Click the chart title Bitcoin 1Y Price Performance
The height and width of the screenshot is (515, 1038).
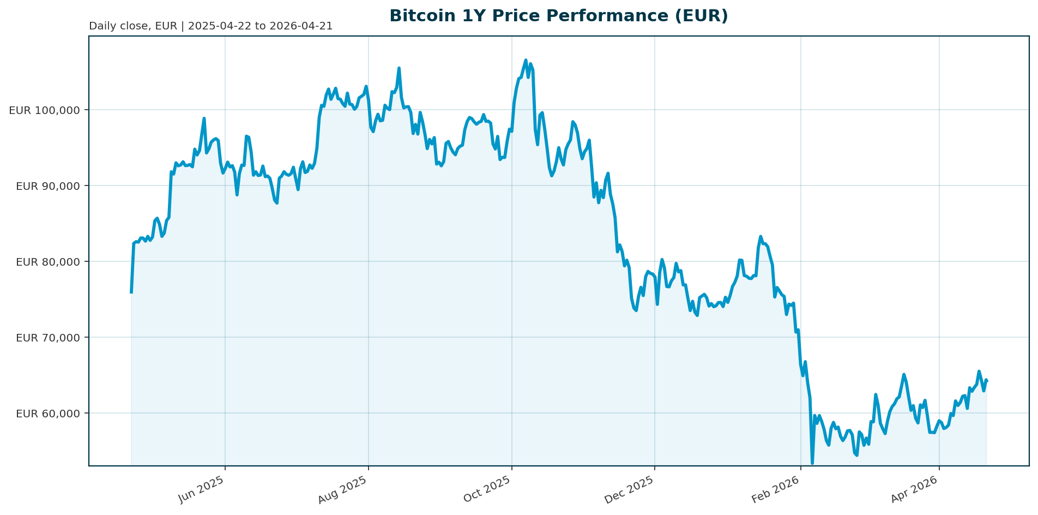[558, 16]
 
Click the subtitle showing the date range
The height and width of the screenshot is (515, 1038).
[210, 26]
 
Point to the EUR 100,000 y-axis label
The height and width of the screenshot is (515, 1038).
[45, 110]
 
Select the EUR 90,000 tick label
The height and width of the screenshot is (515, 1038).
[48, 186]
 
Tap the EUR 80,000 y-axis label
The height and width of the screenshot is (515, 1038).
[48, 262]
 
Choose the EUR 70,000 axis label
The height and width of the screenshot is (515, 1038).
[48, 338]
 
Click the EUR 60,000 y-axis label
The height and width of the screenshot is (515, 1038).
[48, 414]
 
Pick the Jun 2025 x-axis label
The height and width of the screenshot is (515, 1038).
[201, 489]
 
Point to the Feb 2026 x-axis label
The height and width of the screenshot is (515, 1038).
[776, 489]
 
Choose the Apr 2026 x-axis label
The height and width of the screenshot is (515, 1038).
[914, 489]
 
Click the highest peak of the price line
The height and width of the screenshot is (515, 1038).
[526, 60]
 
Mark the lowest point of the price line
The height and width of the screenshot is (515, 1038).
[812, 463]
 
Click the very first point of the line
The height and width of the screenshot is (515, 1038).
[131, 293]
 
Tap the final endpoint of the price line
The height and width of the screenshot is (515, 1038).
[986, 380]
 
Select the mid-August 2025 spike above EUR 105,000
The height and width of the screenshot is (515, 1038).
[399, 68]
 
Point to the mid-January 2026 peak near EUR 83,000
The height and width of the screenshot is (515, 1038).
[761, 237]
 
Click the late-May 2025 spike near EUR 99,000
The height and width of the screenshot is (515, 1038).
[204, 118]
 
